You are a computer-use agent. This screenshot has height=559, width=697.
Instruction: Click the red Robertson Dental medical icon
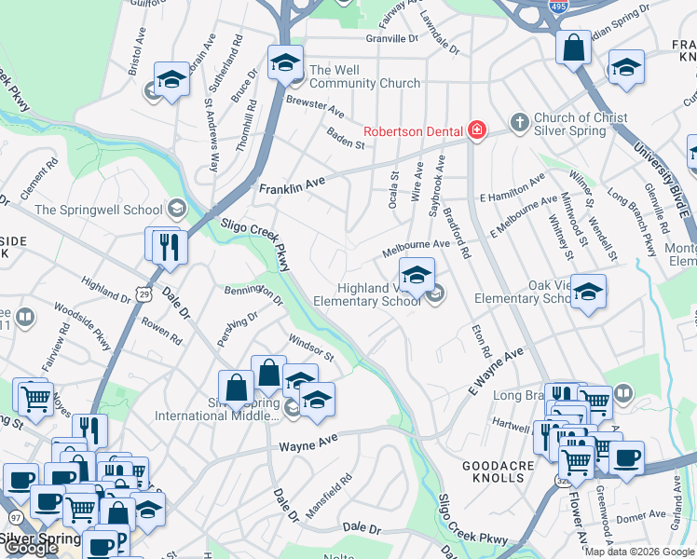pos(477,130)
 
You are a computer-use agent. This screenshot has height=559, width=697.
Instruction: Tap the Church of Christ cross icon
pos(519,122)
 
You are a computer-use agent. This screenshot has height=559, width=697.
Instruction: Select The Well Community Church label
pos(364,76)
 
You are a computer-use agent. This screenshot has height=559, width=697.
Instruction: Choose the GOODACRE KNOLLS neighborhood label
pos(493,470)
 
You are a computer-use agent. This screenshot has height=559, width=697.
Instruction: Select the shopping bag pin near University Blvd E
pos(573,47)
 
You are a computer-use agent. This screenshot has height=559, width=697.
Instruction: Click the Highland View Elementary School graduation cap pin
pos(417,275)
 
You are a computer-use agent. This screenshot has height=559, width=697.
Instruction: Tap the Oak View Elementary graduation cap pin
pos(588,291)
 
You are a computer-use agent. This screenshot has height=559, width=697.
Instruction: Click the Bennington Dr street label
pos(253,294)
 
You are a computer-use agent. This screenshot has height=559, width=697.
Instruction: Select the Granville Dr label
pos(392,39)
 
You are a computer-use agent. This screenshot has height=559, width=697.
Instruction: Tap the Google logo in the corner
pos(30,548)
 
